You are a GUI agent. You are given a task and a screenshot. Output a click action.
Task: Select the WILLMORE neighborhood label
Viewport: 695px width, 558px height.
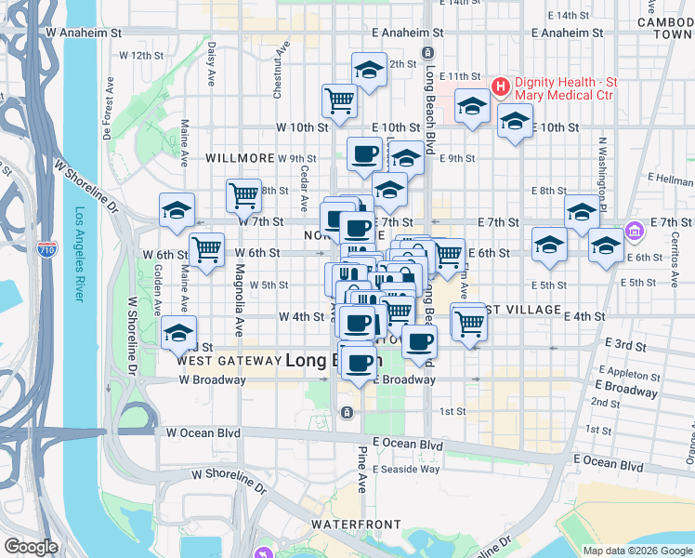point(240,158)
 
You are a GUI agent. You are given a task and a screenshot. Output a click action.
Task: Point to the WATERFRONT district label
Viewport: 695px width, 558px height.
point(347,525)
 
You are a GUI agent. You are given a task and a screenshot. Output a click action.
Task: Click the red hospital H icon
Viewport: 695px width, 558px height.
point(501,88)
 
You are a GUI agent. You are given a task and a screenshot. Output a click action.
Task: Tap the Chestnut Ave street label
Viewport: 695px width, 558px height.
point(277,69)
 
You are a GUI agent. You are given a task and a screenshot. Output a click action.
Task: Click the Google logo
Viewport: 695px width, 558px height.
point(32,546)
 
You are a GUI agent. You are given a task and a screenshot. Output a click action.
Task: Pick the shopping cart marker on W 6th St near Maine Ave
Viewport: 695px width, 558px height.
point(205,248)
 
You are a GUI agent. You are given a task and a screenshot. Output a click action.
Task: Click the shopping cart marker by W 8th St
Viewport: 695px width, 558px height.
point(243,194)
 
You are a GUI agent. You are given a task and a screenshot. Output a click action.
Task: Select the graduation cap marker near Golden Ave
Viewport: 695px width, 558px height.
point(177,333)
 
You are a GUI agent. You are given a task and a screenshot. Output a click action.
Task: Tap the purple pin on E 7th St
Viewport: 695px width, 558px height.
point(636,230)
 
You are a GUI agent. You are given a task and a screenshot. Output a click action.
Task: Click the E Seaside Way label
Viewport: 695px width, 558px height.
point(406,469)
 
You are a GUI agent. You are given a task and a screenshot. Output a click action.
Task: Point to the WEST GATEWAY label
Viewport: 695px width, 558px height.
point(229,360)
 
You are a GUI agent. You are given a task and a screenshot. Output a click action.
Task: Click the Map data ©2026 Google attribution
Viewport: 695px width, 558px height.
point(637,551)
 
